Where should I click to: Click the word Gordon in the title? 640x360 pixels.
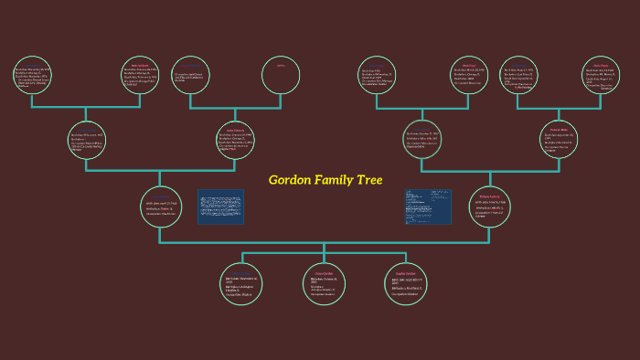pyautogui.click(x=290, y=180)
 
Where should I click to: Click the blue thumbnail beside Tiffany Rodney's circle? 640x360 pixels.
pyautogui.click(x=428, y=206)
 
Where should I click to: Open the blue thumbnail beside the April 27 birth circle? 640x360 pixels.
pyautogui.click(x=220, y=206)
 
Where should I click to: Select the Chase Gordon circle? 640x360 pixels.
pyautogui.click(x=325, y=283)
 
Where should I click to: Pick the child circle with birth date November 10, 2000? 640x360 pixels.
pyautogui.click(x=242, y=283)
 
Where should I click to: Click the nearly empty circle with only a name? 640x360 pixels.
pyautogui.click(x=281, y=76)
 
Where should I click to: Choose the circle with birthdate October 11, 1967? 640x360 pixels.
pyautogui.click(x=422, y=139)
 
